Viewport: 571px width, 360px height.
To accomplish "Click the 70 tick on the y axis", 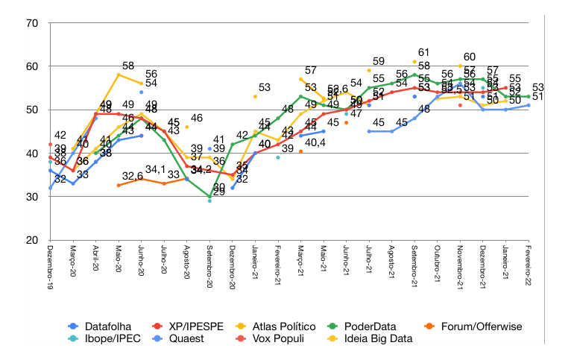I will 33,23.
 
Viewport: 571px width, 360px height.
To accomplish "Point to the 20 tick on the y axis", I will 33,241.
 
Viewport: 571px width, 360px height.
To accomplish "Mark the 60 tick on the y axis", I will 33,66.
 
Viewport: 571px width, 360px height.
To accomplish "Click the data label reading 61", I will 423,52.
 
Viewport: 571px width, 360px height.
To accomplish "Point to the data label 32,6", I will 133,177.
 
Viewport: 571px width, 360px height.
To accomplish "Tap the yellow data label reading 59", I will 378,61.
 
